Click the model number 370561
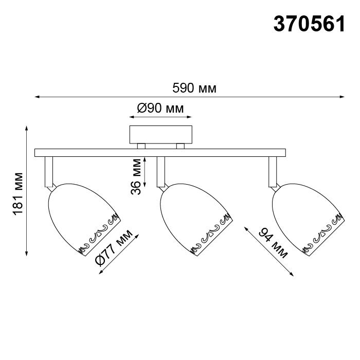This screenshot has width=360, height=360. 309,24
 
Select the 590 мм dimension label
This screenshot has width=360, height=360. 194,88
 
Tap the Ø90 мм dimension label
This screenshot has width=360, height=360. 160,108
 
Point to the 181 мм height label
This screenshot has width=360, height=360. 18,194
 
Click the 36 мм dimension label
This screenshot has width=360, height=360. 136,177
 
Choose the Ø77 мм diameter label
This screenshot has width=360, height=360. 114,248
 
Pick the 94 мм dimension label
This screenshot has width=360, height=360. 273,243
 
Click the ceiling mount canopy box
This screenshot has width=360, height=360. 160,135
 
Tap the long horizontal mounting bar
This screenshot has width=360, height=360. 160,153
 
